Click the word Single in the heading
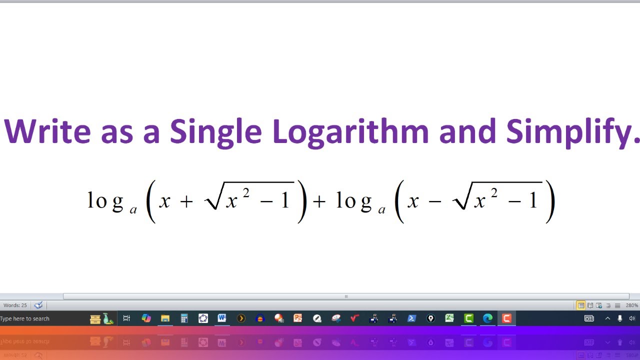(215, 132)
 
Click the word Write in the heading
(47, 132)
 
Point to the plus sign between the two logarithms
(318, 201)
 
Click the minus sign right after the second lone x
(435, 201)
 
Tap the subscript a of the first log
(133, 210)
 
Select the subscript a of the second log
(382, 210)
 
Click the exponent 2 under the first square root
(246, 192)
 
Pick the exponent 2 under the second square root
(494, 192)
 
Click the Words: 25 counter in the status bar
(15, 305)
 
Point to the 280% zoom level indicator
(631, 305)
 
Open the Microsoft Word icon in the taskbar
(222, 318)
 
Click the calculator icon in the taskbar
(184, 318)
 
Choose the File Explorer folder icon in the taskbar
(165, 318)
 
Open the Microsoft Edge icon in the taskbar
(487, 318)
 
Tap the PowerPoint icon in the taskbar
(298, 318)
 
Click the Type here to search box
(25, 318)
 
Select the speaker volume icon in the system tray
(631, 318)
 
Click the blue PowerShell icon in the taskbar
(412, 318)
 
